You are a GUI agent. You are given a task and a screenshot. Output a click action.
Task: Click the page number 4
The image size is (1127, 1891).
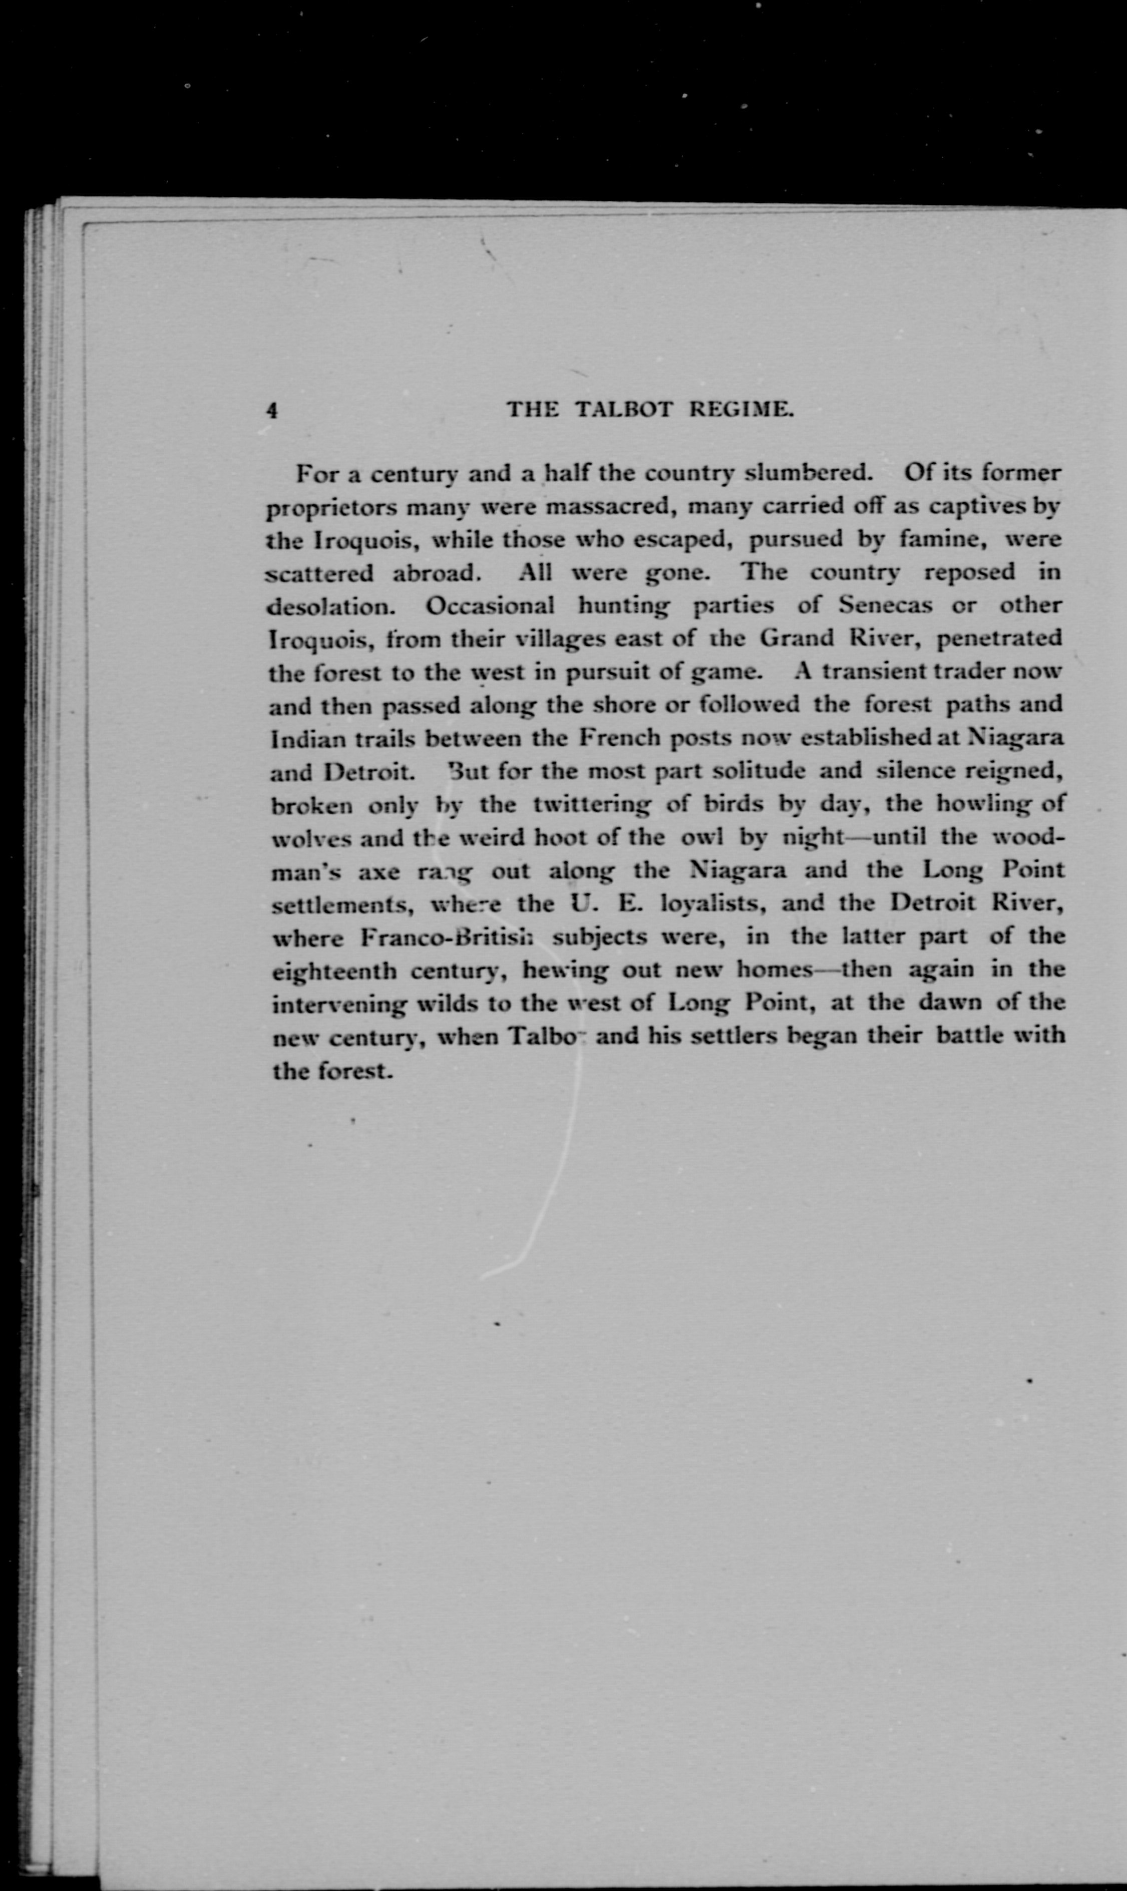point(272,410)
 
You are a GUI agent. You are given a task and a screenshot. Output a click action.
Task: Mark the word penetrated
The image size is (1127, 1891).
point(999,638)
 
